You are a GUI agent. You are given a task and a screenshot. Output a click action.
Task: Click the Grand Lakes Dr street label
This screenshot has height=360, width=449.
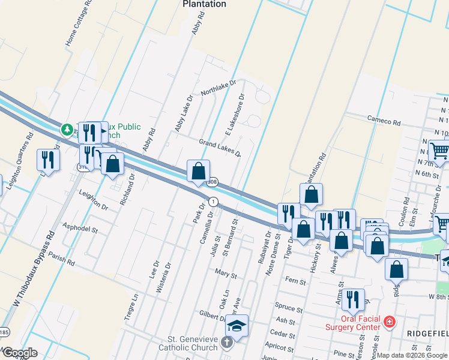click(220, 148)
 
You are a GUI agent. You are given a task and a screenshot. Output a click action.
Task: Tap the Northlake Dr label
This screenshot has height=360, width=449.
click(219, 89)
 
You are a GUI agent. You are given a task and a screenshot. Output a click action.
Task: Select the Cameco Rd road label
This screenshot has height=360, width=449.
click(384, 121)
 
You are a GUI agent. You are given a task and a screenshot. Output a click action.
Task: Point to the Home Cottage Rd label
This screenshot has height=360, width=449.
click(79, 23)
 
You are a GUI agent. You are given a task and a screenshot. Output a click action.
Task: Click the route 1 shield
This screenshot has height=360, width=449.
click(213, 200)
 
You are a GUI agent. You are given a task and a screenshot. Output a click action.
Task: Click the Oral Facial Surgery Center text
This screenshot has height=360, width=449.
click(353, 322)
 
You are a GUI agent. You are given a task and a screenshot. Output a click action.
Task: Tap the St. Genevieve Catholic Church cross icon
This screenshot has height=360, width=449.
click(226, 343)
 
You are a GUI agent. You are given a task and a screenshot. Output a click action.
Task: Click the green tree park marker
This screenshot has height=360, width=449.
click(67, 128)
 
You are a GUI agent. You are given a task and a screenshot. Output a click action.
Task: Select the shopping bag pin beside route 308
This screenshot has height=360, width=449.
click(198, 172)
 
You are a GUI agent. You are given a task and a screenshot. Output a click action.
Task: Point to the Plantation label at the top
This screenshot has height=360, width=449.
click(204, 4)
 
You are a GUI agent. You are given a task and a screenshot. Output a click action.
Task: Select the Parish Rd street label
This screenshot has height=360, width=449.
click(62, 263)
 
